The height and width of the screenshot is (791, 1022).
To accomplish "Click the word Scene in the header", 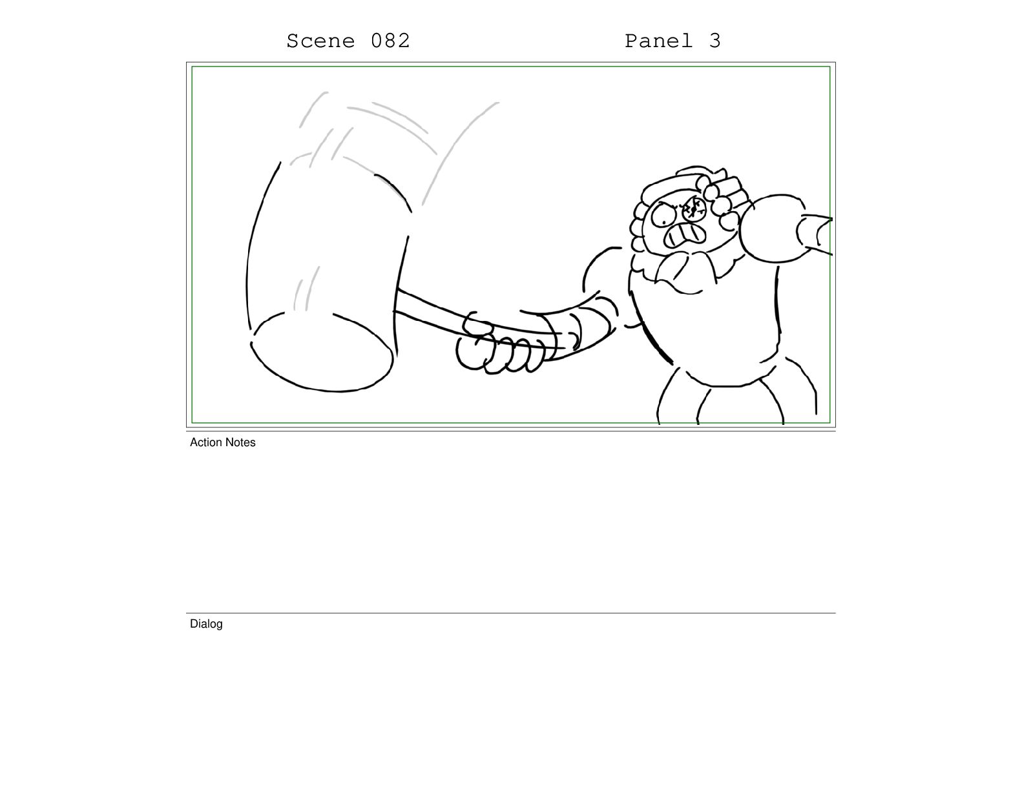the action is click(320, 41).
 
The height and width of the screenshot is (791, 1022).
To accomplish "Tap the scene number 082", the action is click(390, 41).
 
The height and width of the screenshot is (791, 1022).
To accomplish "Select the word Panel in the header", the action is click(658, 41).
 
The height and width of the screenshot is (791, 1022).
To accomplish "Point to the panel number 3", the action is click(714, 41).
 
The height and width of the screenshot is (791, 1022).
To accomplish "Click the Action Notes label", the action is click(222, 442).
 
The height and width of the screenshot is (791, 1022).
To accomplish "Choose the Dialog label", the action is click(206, 624).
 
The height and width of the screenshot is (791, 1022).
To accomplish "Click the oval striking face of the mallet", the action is click(322, 351).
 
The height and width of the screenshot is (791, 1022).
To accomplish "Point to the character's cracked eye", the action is click(694, 209).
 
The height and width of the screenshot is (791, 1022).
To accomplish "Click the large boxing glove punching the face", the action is click(772, 229).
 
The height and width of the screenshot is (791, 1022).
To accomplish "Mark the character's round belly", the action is click(705, 329).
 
